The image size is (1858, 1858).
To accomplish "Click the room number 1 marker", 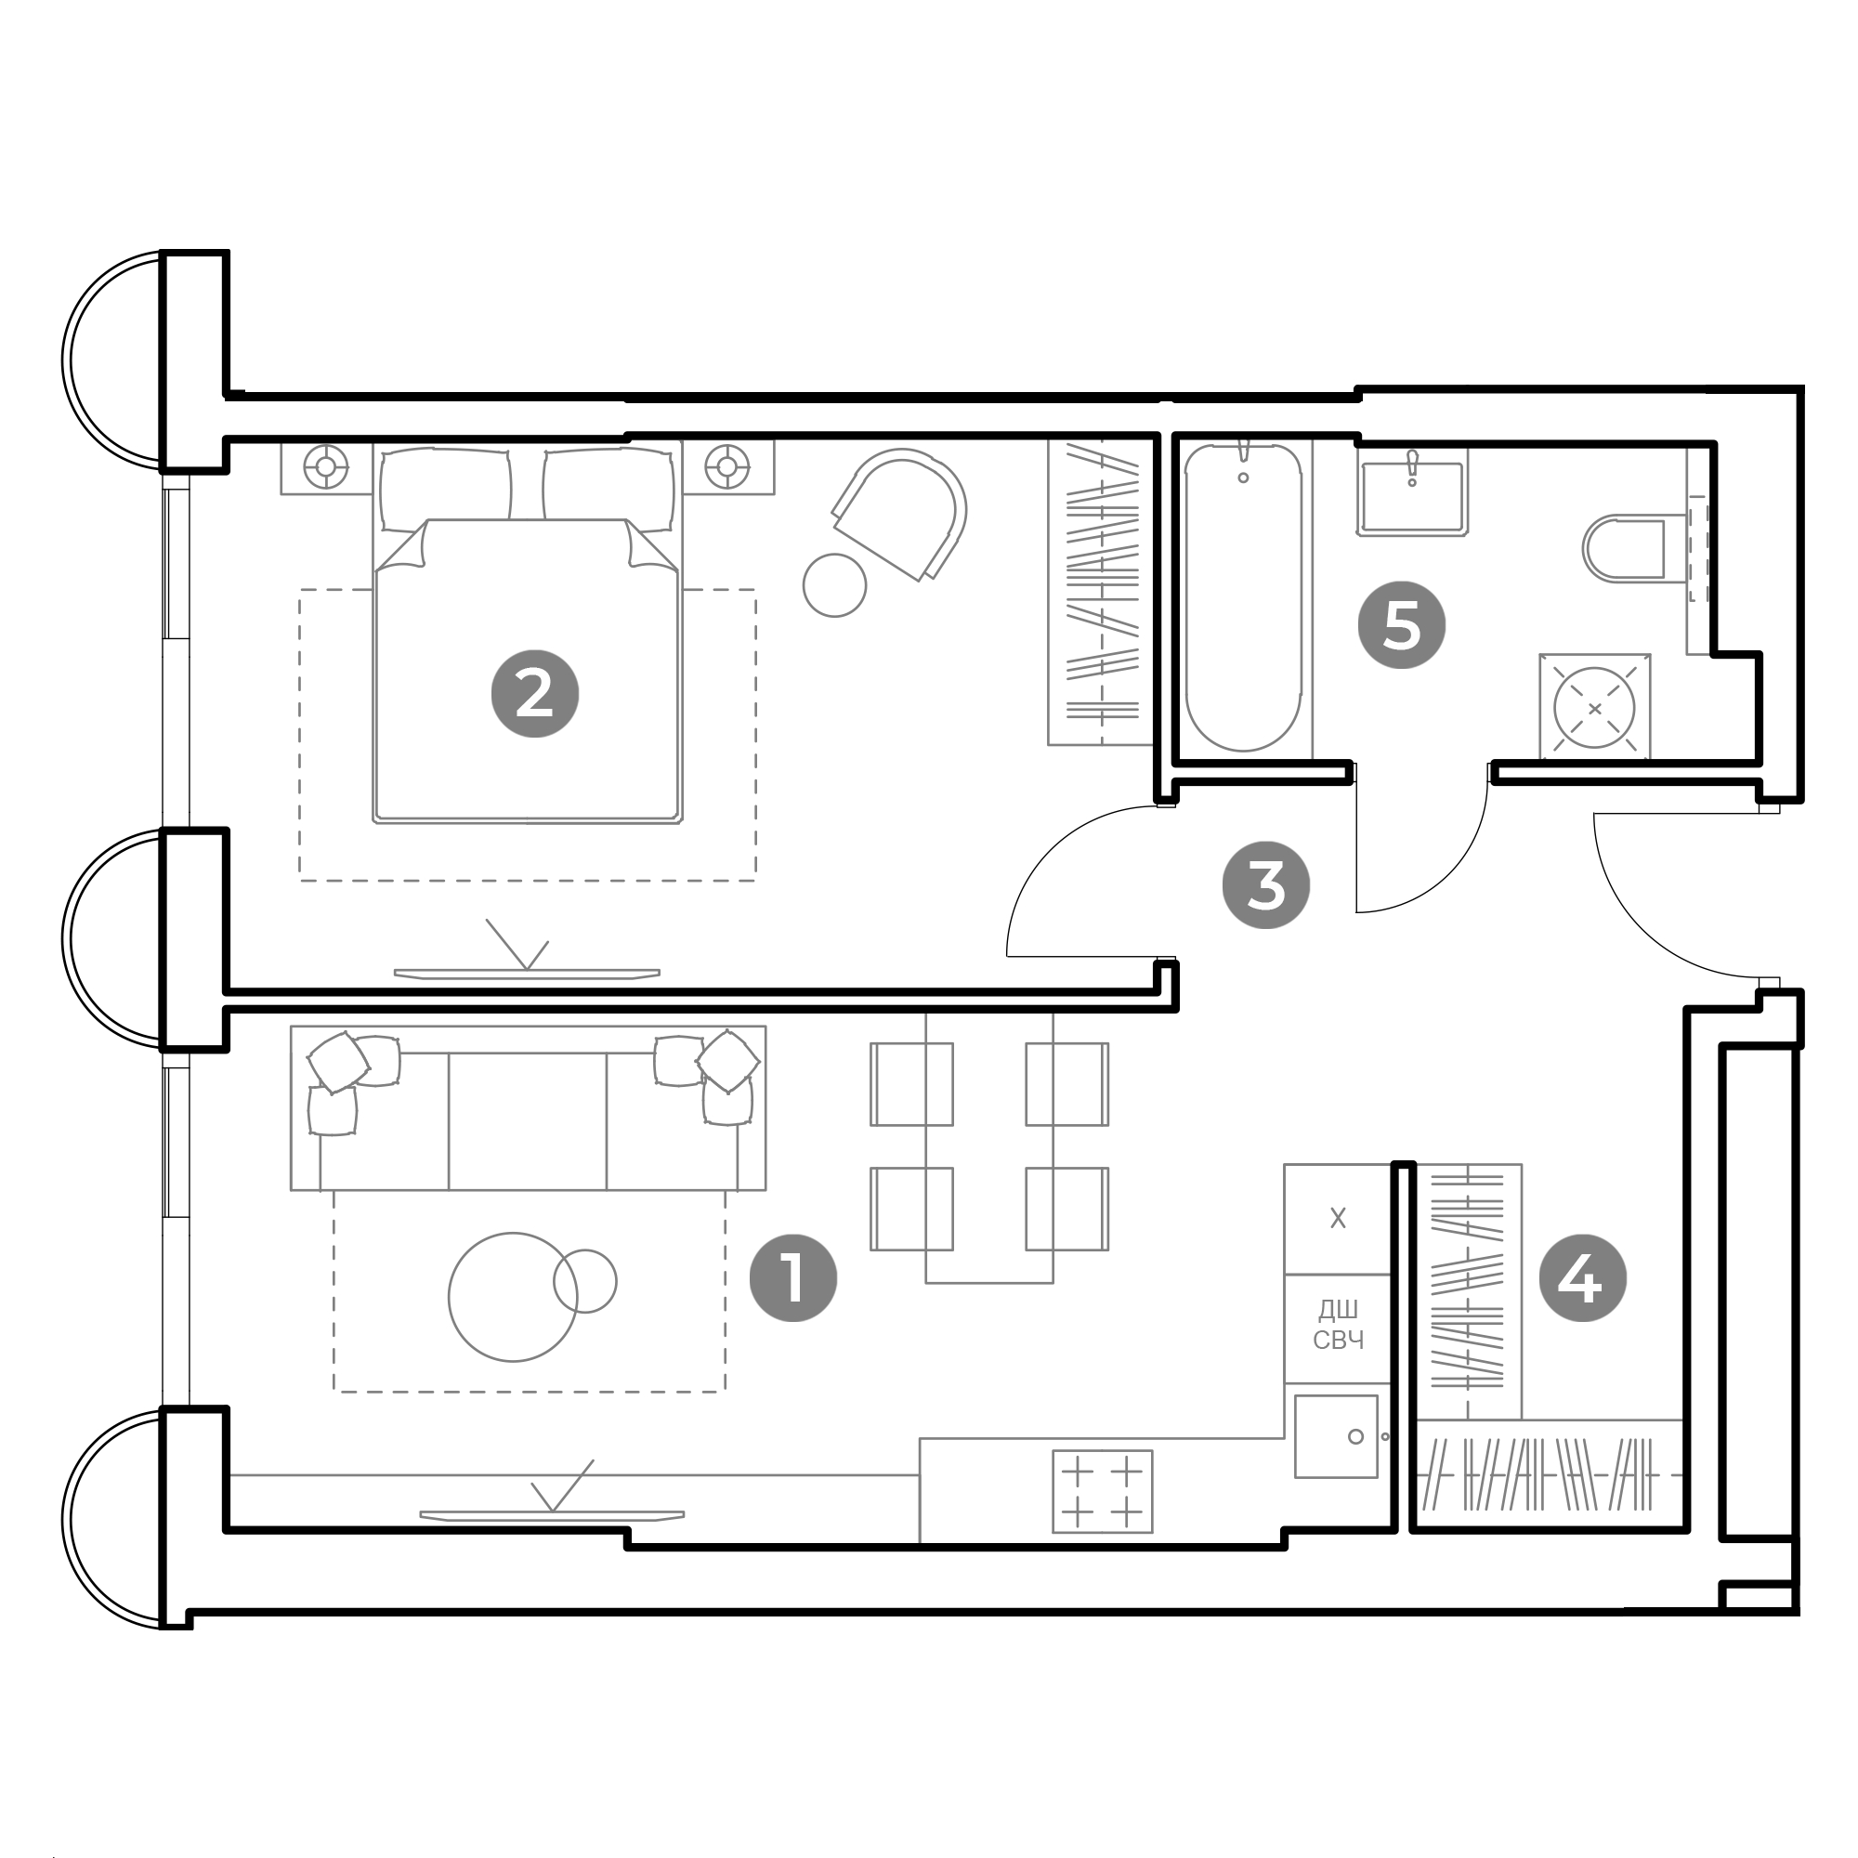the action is point(793,1278).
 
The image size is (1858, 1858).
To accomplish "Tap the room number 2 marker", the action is point(535,693).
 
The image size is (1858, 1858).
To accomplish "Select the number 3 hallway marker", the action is point(1265,884).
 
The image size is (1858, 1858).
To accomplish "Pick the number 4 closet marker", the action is point(1583,1278).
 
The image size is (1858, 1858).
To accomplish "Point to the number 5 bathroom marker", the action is point(1401,624).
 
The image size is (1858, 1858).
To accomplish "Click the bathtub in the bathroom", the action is point(1244,597).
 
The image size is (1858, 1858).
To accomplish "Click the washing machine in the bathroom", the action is point(1594,708).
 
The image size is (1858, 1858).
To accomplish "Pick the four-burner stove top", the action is point(1102,1491).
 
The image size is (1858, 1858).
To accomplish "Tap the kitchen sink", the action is point(1337,1437).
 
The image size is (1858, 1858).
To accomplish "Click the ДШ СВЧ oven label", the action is point(1338,1324).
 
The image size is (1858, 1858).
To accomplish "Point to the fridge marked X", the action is point(1338,1219).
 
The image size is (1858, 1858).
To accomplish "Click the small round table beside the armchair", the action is point(835,584).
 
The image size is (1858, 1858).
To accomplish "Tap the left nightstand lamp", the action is point(326,467).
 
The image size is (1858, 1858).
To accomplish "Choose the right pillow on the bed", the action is point(608,490).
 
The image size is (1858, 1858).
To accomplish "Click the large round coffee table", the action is point(513,1297).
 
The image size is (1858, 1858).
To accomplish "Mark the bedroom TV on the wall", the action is point(527,974).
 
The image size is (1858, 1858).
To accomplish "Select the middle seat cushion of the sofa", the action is point(527,1121).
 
